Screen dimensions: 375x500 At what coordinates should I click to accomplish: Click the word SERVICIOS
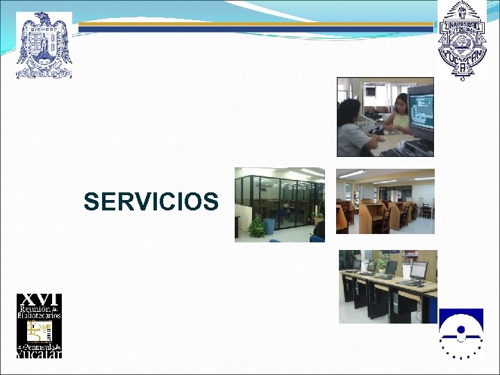tap(151, 202)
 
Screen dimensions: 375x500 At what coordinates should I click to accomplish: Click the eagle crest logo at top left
tap(44, 45)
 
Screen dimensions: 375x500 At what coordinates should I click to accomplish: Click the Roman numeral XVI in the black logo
tap(39, 299)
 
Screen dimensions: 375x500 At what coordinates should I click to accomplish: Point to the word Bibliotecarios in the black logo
tap(39, 315)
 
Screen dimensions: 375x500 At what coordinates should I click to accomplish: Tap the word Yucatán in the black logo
tap(39, 353)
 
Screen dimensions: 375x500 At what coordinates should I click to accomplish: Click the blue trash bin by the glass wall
tap(269, 226)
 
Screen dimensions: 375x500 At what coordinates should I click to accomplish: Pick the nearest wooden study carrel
tap(344, 217)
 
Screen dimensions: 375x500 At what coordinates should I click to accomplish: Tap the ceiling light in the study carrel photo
tap(353, 174)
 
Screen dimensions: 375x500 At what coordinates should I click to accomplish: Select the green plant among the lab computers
tap(381, 262)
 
